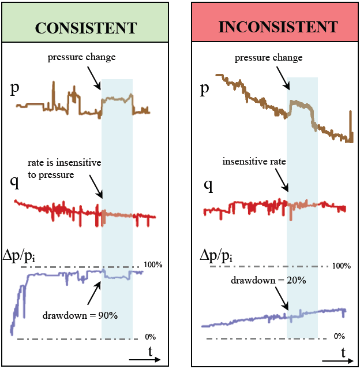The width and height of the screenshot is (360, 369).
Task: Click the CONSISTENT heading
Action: tap(86, 27)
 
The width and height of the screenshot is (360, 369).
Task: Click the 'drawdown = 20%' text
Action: tap(268, 280)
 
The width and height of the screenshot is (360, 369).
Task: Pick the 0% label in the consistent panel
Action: tap(149, 336)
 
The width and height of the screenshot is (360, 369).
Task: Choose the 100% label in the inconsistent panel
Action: tap(342, 266)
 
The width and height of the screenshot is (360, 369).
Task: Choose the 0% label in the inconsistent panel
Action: tap(339, 336)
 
